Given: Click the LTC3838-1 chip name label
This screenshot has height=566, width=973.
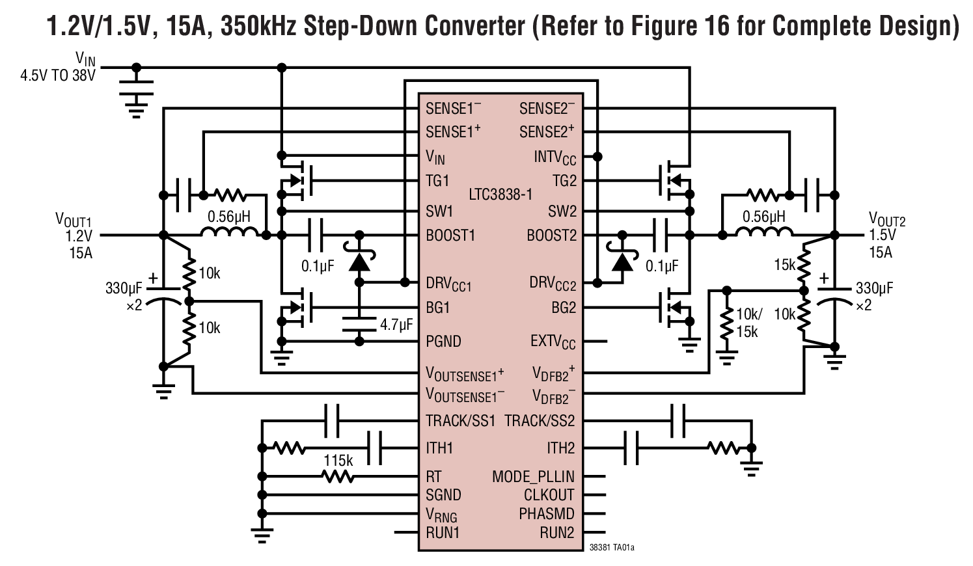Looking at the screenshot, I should click(x=500, y=194).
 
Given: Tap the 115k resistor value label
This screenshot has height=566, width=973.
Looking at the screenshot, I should click(x=338, y=461).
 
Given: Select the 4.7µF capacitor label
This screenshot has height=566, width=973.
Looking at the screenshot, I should click(x=396, y=324).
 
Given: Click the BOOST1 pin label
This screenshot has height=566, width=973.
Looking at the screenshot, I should click(x=450, y=236).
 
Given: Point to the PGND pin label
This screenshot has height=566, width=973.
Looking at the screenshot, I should click(x=443, y=342).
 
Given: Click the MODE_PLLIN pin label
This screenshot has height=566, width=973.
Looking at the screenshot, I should click(x=533, y=477).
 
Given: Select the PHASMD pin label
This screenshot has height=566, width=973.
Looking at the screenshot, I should click(x=546, y=514).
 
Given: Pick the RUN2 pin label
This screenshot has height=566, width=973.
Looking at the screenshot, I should click(x=556, y=533).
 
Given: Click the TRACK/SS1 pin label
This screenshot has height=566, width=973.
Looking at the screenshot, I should click(x=460, y=421).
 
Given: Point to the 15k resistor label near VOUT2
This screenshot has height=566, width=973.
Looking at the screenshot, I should click(x=784, y=265).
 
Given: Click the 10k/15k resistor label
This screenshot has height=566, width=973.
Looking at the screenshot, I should click(x=747, y=323).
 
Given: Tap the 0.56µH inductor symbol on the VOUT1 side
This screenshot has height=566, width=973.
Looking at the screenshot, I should click(x=230, y=234).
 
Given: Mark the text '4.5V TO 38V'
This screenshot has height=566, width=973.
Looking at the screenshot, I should click(x=57, y=75).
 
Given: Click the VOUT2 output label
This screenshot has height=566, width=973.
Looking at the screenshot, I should click(x=886, y=219).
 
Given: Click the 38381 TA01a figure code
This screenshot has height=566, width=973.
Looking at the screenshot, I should click(x=611, y=548).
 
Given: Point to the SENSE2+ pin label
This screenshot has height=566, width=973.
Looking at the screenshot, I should click(x=547, y=132).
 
